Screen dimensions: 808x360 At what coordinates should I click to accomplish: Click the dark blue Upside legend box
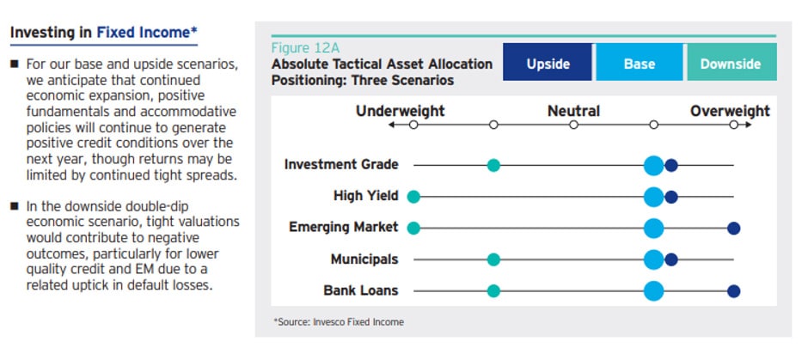coord(548,62)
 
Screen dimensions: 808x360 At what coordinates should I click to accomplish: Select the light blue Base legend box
coord(639,62)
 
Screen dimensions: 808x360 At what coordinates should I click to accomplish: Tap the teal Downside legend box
coord(731,62)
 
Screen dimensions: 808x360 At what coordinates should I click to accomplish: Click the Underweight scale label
coord(400,111)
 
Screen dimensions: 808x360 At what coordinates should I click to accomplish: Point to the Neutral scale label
coord(573,111)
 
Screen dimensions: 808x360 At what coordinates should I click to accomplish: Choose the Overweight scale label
coord(730,111)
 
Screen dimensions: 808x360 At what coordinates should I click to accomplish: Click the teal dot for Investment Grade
coord(493,165)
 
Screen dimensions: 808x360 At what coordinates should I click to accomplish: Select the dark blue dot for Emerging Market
coord(734,229)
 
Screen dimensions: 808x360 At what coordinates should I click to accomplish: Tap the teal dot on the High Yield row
coord(413,197)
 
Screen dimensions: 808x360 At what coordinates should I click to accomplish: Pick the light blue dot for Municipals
coord(654,259)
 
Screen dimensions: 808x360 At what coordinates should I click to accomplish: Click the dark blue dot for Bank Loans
coord(734,291)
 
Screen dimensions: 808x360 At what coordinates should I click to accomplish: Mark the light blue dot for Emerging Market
coord(654,229)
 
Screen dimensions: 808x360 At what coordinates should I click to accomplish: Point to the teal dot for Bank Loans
coord(493,291)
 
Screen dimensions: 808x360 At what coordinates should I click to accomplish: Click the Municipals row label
coord(364,259)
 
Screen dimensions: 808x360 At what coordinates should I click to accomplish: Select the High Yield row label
coord(366,196)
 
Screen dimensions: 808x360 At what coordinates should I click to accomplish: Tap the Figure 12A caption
coord(305,49)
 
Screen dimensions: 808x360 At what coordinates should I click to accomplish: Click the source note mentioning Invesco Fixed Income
coord(339,322)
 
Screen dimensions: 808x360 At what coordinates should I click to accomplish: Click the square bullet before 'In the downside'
coord(15,206)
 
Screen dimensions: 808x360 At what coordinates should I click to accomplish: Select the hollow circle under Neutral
coord(573,125)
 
